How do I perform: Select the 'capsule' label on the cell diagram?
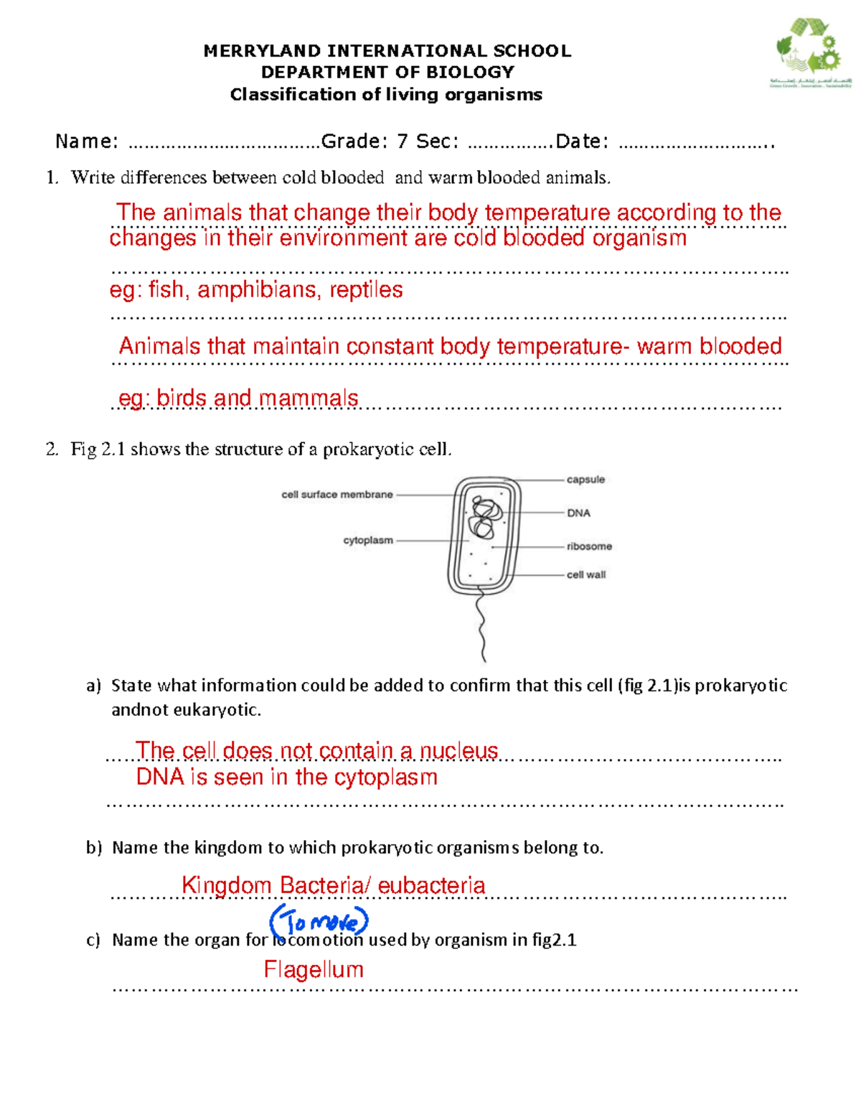pyautogui.click(x=585, y=480)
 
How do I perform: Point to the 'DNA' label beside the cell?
pyautogui.click(x=578, y=513)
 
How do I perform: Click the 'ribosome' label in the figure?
pyautogui.click(x=589, y=546)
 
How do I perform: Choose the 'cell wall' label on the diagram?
pyautogui.click(x=586, y=574)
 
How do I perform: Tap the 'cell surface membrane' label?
pyautogui.click(x=337, y=495)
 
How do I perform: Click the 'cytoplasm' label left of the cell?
pyautogui.click(x=368, y=541)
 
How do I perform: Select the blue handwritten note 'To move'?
pyautogui.click(x=319, y=921)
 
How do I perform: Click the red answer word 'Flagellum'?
pyautogui.click(x=314, y=969)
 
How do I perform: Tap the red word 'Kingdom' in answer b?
pyautogui.click(x=226, y=885)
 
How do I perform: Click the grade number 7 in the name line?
pyautogui.click(x=402, y=141)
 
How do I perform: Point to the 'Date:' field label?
pyautogui.click(x=582, y=141)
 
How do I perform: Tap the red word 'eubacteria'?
pyautogui.click(x=431, y=885)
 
